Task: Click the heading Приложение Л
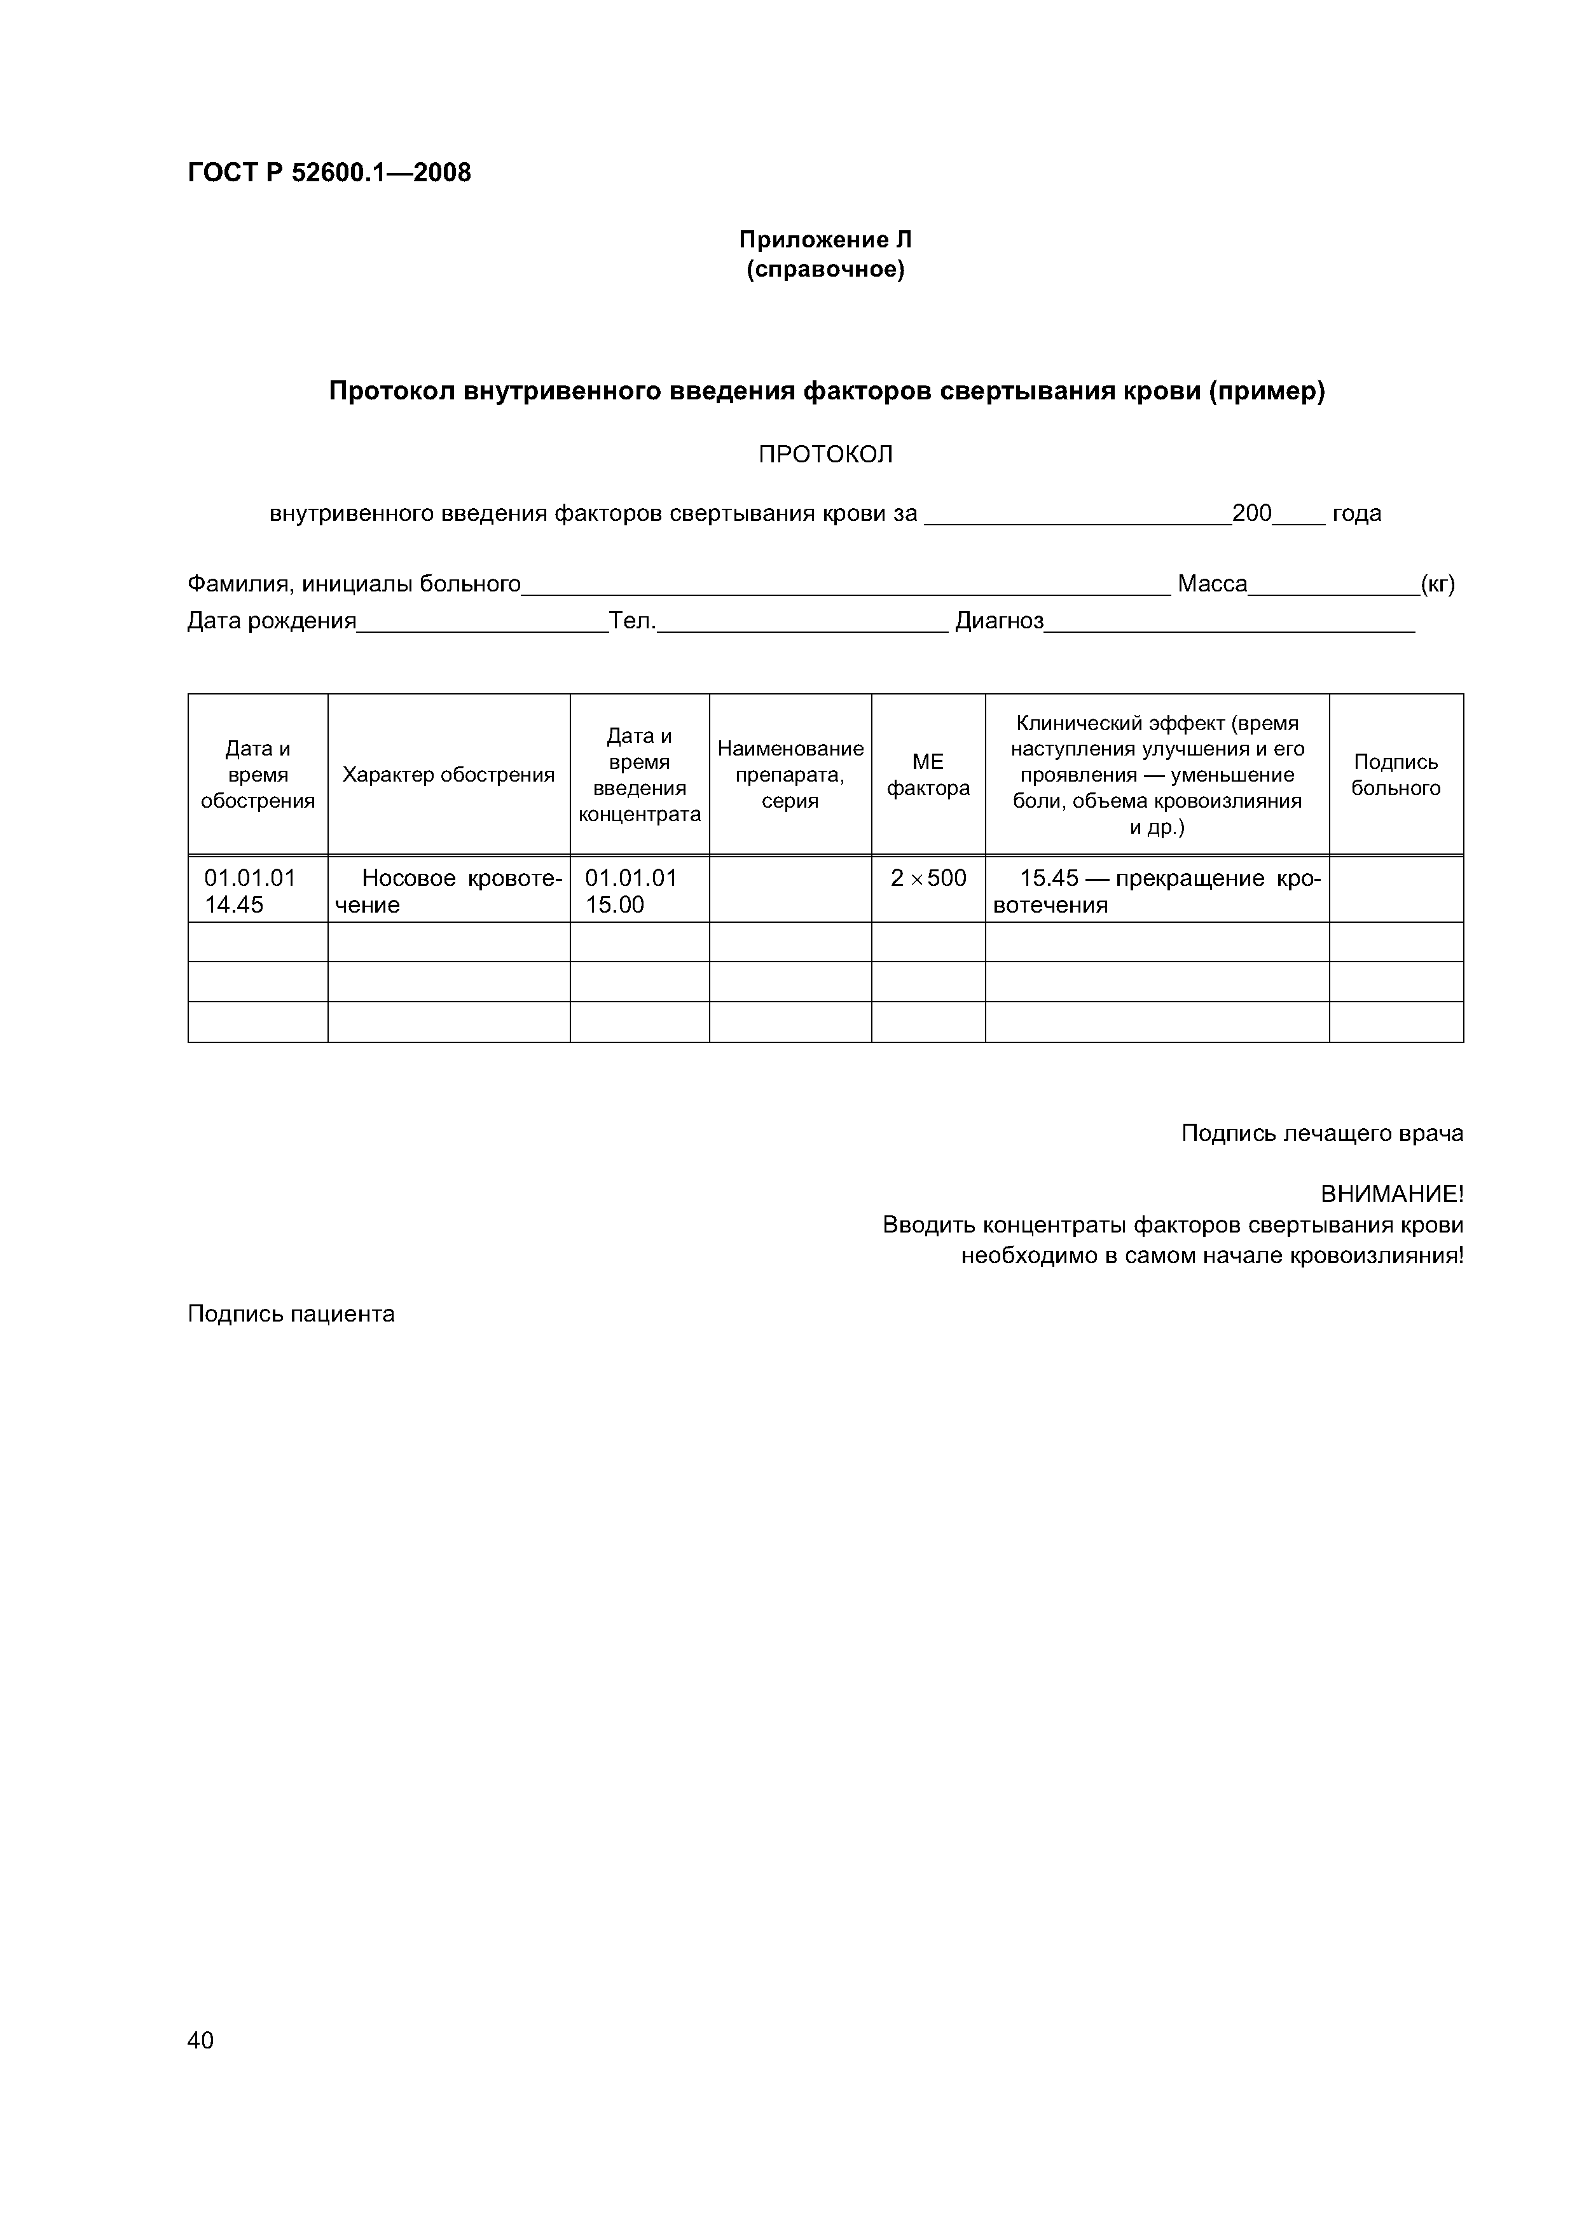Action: tap(825, 239)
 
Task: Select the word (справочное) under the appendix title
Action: tap(825, 269)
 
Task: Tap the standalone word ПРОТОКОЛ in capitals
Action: tap(825, 455)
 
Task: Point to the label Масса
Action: tap(1211, 584)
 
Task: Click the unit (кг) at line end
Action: tap(1437, 584)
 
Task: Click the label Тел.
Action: tap(633, 621)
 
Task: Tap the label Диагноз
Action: tap(999, 621)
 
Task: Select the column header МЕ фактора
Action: tap(928, 775)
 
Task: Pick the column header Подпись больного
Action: tap(1395, 775)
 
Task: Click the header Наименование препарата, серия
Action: tap(790, 775)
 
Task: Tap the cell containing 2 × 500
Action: tap(928, 878)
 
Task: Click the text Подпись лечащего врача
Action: tap(1321, 1133)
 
